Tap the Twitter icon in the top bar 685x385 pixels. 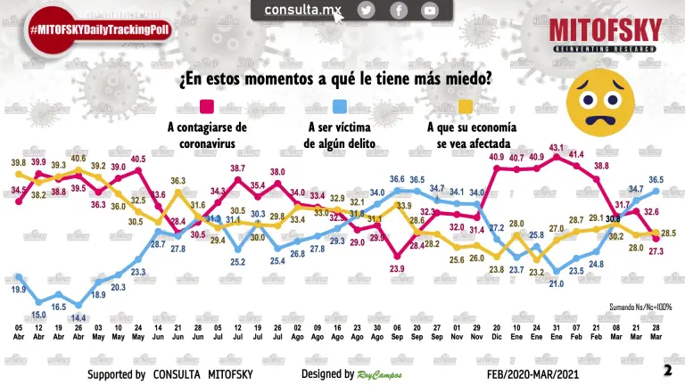click(367, 10)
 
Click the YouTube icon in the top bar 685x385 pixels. click(430, 10)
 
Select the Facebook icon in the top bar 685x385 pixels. click(399, 10)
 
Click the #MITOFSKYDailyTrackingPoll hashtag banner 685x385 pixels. click(99, 30)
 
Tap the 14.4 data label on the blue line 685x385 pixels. click(79, 318)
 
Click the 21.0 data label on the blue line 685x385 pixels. click(557, 283)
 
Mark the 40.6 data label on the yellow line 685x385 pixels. click(78, 159)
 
